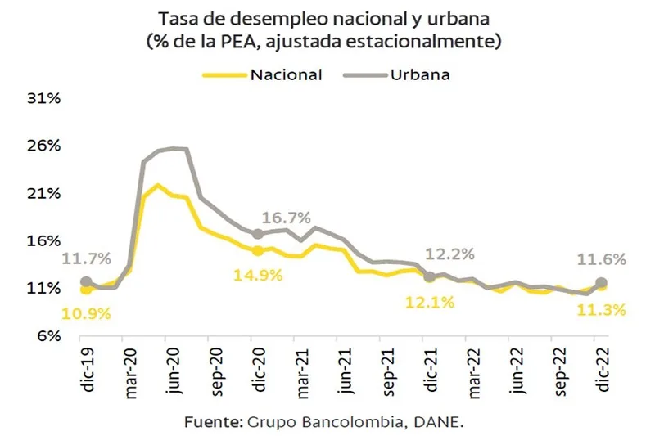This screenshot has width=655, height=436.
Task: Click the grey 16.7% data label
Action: [287, 218]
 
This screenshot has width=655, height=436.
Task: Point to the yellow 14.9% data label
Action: [258, 275]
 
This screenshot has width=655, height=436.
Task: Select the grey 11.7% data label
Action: [86, 260]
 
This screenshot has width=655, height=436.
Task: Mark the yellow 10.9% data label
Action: [87, 314]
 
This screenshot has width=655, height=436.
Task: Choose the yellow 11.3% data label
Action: [602, 310]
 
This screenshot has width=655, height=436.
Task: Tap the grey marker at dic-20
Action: [258, 233]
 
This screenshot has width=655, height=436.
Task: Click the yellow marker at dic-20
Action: [258, 251]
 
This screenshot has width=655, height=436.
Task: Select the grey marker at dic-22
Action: [602, 282]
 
